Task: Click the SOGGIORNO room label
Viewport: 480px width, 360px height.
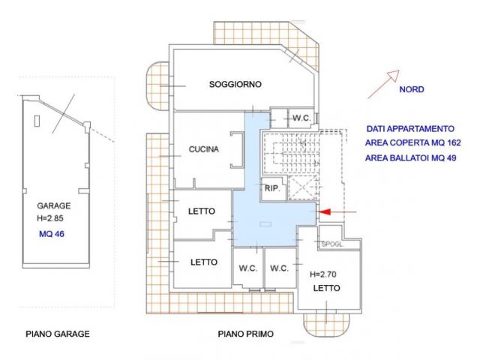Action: point(235,84)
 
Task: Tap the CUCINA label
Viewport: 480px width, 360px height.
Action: point(203,149)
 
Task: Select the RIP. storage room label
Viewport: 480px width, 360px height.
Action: point(272,188)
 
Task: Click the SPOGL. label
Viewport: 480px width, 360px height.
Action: point(332,244)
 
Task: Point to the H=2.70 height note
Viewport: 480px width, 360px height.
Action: point(323,274)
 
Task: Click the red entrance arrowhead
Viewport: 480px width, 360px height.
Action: point(325,211)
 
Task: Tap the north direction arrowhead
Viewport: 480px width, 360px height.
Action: point(394,75)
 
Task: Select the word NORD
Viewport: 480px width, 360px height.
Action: point(412,89)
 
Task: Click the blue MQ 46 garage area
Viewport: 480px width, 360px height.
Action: point(52,234)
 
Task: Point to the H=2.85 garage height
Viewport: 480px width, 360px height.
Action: point(50,218)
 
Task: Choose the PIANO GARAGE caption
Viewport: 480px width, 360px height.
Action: point(58,334)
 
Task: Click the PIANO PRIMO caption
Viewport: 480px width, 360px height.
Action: point(246,334)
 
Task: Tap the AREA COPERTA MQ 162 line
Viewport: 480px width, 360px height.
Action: point(413,142)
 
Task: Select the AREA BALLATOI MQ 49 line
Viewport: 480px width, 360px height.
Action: point(411,158)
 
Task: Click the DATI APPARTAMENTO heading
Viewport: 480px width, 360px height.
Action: point(410,129)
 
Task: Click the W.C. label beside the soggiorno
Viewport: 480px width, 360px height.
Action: point(301,118)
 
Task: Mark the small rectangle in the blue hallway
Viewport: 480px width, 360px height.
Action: point(265,224)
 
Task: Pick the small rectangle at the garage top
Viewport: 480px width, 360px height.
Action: point(37,121)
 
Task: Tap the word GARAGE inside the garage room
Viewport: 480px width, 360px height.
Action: point(54,205)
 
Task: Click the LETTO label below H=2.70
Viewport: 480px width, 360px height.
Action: point(327,288)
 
